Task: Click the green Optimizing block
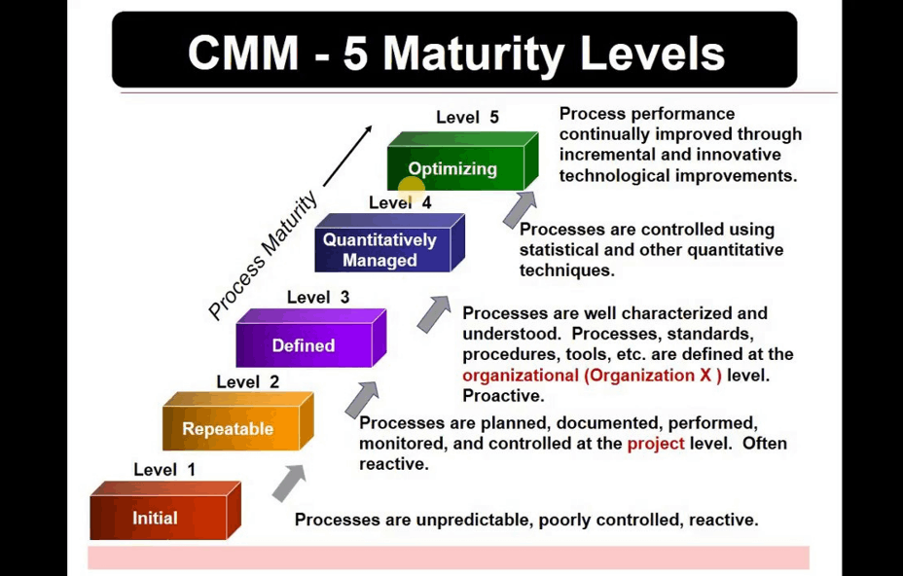pyautogui.click(x=463, y=162)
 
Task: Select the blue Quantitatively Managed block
pyautogui.click(x=390, y=242)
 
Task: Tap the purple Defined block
pyautogui.click(x=311, y=339)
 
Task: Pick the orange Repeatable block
pyautogui.click(x=238, y=421)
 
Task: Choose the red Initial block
pyautogui.click(x=165, y=511)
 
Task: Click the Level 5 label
pyautogui.click(x=467, y=118)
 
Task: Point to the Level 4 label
pyautogui.click(x=400, y=202)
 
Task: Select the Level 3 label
pyautogui.click(x=318, y=297)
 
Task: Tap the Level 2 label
pyautogui.click(x=247, y=381)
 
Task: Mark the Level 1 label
pyautogui.click(x=164, y=469)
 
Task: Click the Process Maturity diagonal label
pyautogui.click(x=263, y=255)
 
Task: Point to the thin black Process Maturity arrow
pyautogui.click(x=347, y=156)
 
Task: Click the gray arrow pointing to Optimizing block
pyautogui.click(x=520, y=208)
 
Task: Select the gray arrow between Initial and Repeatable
pyautogui.click(x=289, y=483)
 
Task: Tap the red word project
pyautogui.click(x=656, y=444)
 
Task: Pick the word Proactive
pyautogui.click(x=503, y=396)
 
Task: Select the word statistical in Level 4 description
pyautogui.click(x=559, y=250)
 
